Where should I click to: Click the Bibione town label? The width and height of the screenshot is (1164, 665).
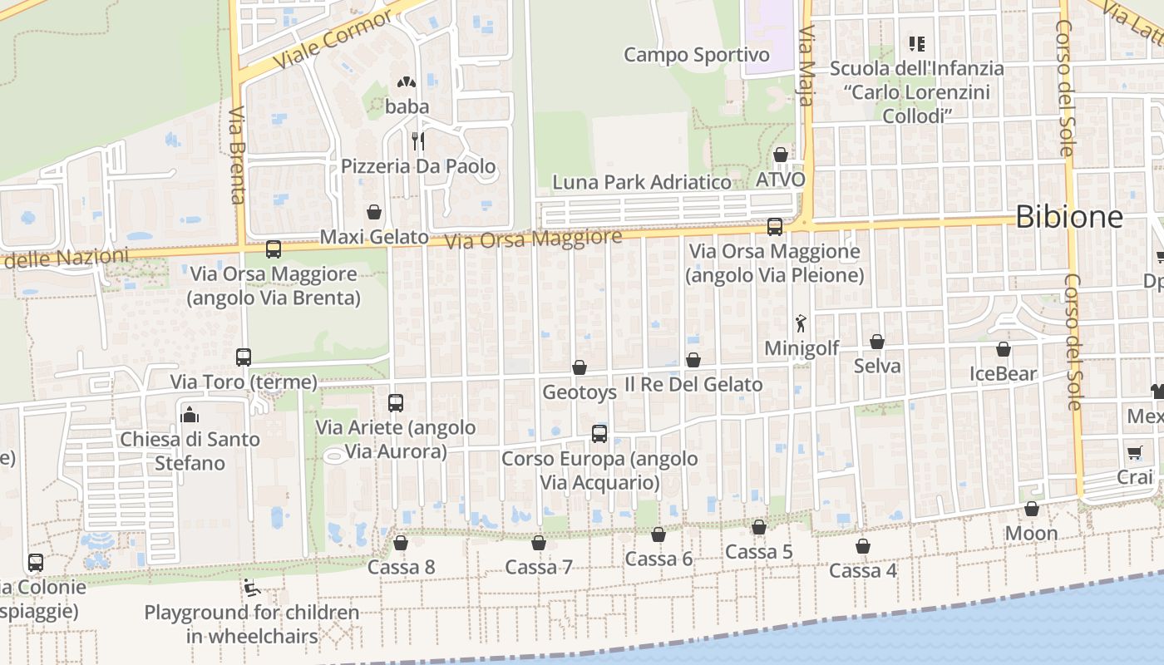pos(1069,217)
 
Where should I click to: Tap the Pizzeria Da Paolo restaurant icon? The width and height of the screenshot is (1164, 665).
pos(418,140)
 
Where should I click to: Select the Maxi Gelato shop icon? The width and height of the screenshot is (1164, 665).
pos(374,212)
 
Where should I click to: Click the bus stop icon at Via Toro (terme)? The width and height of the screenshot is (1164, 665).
pos(244,357)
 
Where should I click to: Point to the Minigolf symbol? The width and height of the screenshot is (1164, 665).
pos(801,323)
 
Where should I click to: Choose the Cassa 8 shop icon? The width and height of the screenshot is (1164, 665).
pos(401,543)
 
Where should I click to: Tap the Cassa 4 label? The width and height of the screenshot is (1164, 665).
pos(863,570)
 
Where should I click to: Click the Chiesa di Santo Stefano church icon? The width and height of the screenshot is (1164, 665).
pos(190,413)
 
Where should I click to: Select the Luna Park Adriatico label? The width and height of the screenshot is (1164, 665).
pos(642,182)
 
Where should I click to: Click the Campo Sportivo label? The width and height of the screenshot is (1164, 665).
pos(697,55)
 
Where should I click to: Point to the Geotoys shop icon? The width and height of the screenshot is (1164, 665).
pos(580,367)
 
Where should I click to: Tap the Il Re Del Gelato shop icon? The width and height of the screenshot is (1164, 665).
pos(693,360)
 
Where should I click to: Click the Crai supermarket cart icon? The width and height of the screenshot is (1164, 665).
pos(1135,452)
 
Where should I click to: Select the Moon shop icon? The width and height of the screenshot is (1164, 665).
pos(1032,509)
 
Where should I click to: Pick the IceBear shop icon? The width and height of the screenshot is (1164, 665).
pos(1004,349)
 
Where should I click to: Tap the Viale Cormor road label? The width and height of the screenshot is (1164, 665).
pos(333,40)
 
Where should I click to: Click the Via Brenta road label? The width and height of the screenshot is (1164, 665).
pos(237,155)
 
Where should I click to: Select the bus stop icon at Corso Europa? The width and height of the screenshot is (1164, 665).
pos(599,433)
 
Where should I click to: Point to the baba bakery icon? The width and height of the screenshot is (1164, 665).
pos(407,82)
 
